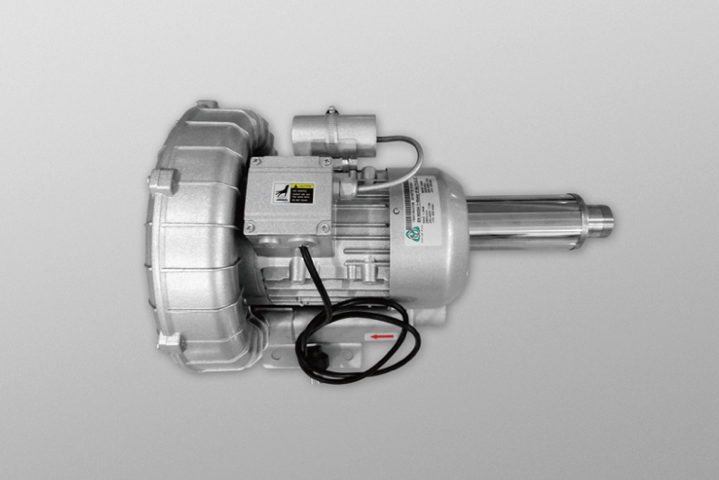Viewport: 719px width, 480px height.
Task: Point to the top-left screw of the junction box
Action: click(254, 164)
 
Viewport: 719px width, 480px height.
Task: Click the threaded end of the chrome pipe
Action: click(601, 216)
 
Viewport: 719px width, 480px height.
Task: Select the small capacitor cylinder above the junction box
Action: click(333, 130)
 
